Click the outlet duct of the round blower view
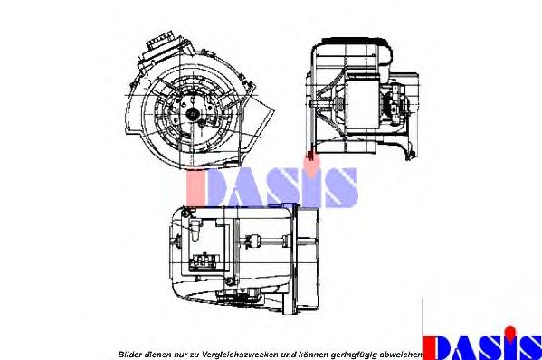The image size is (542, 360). pyautogui.click(x=263, y=118)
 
